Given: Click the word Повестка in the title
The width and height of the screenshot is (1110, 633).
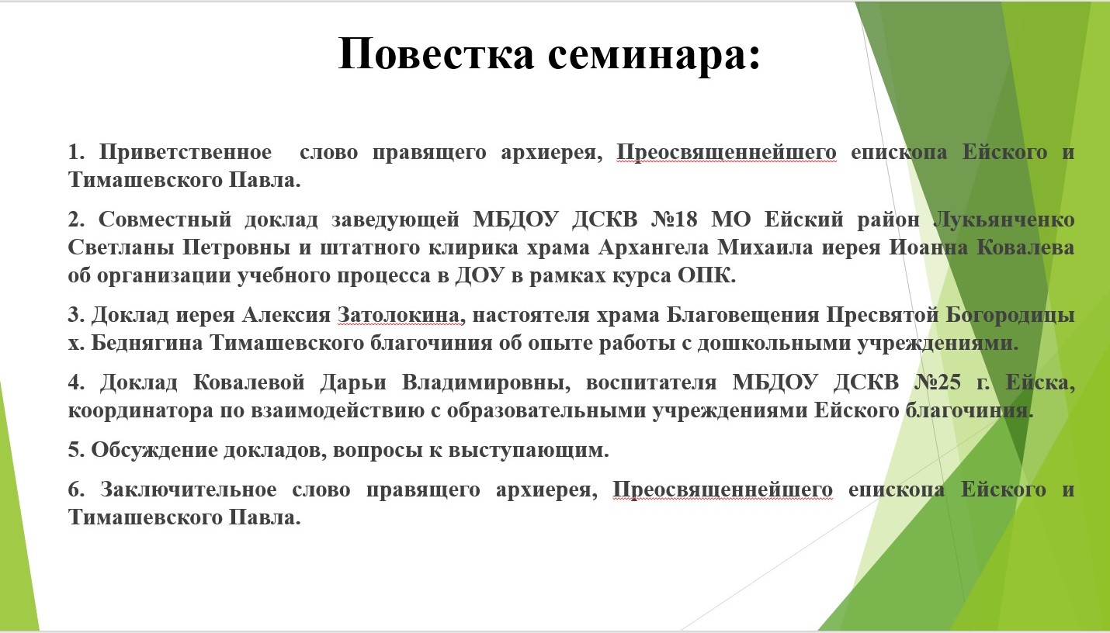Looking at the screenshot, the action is (436, 53).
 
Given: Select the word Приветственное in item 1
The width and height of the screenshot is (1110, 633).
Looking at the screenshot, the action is (186, 152).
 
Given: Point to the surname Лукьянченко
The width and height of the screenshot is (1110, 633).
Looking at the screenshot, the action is (1004, 219).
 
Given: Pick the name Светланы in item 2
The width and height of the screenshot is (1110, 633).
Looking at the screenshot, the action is (121, 247).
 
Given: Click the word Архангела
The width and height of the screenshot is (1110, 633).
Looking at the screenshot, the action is (654, 247).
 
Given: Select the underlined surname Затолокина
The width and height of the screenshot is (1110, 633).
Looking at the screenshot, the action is (399, 315).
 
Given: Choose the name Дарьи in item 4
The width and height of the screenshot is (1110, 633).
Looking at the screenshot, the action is (353, 383).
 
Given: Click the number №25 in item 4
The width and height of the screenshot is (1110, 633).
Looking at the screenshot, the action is (938, 382).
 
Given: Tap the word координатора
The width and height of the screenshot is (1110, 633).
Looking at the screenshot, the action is (140, 410).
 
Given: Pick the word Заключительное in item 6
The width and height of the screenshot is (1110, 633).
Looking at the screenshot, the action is (189, 489).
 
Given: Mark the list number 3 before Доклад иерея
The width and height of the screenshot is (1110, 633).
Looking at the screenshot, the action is (75, 315).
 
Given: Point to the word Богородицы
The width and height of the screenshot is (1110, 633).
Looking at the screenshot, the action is (1010, 315).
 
